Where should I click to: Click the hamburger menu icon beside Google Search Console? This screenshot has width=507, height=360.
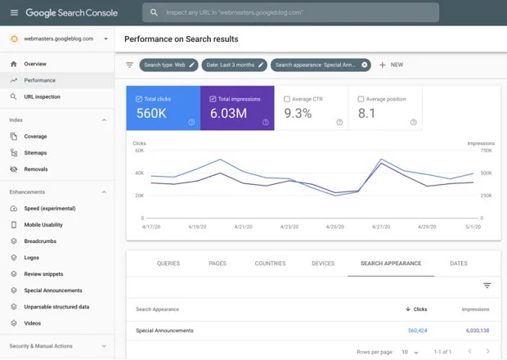coord(14,13)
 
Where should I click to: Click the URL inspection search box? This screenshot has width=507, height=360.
coord(290,13)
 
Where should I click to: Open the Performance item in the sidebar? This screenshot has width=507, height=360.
coord(40,80)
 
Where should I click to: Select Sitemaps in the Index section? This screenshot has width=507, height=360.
coord(35,153)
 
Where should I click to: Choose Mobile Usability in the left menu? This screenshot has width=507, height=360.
coord(43,225)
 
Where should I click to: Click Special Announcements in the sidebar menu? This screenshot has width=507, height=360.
coord(53,290)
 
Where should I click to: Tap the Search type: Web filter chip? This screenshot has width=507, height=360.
coord(168,65)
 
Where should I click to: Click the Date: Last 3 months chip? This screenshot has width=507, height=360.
coord(235,65)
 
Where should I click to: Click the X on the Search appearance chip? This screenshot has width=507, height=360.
coord(365,65)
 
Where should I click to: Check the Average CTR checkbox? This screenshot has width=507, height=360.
coord(286,99)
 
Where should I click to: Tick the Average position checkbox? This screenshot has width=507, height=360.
coord(361,99)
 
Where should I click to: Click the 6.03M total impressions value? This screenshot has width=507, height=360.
coord(228,114)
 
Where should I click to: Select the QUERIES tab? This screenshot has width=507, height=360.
coord(168,263)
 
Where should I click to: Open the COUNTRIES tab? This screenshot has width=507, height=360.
coord(270,263)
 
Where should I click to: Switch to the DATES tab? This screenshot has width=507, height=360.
coord(459,263)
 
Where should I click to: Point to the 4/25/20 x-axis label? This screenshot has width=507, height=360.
coord(335,227)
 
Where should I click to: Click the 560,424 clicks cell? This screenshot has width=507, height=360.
coord(417,331)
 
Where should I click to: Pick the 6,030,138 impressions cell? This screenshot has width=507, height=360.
coord(473,331)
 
